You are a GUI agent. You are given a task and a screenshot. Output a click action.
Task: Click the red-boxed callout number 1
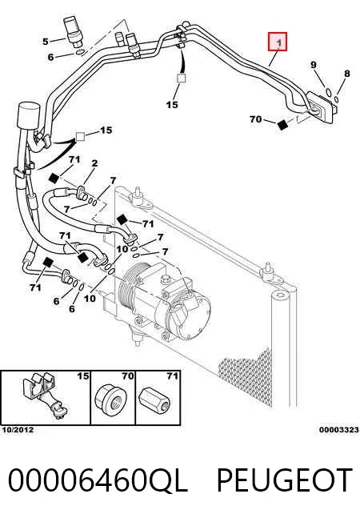pos(278,42)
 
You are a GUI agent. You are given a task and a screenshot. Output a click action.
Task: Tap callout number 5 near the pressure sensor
pos(46,42)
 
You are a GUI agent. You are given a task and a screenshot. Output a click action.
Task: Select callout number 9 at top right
pos(314,65)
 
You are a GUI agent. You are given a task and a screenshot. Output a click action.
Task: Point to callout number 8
pos(346,73)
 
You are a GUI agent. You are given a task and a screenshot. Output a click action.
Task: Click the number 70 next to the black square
pos(255,118)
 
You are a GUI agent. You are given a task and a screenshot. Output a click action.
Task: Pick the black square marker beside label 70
pos(282,124)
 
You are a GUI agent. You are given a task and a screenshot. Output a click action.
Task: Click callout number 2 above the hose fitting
pos(95,163)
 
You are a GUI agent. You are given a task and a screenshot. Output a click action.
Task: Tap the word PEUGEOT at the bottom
pos(285,480)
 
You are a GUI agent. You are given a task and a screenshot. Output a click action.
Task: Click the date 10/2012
pos(18,430)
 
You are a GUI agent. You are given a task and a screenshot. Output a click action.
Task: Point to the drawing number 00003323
pos(339,430)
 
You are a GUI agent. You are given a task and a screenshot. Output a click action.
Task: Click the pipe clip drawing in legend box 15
pos(46,396)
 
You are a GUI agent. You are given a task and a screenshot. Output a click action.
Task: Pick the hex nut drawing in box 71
pos(155,399)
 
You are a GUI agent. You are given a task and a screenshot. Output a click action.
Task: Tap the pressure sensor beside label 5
pos(73,30)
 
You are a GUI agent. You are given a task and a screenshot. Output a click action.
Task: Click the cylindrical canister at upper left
pos(29,115)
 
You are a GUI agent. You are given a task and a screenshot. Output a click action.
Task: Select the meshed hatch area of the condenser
pos(248,378)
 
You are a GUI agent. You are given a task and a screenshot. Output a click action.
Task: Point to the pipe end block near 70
pos(321,108)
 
